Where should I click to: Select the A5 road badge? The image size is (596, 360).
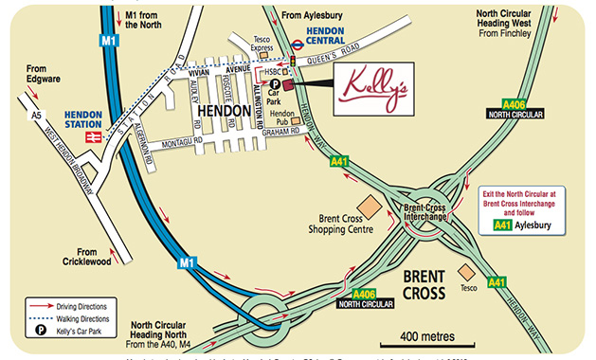(x=37, y=116)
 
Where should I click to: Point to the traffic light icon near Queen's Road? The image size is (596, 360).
(x=294, y=61)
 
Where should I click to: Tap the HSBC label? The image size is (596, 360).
(x=273, y=72)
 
